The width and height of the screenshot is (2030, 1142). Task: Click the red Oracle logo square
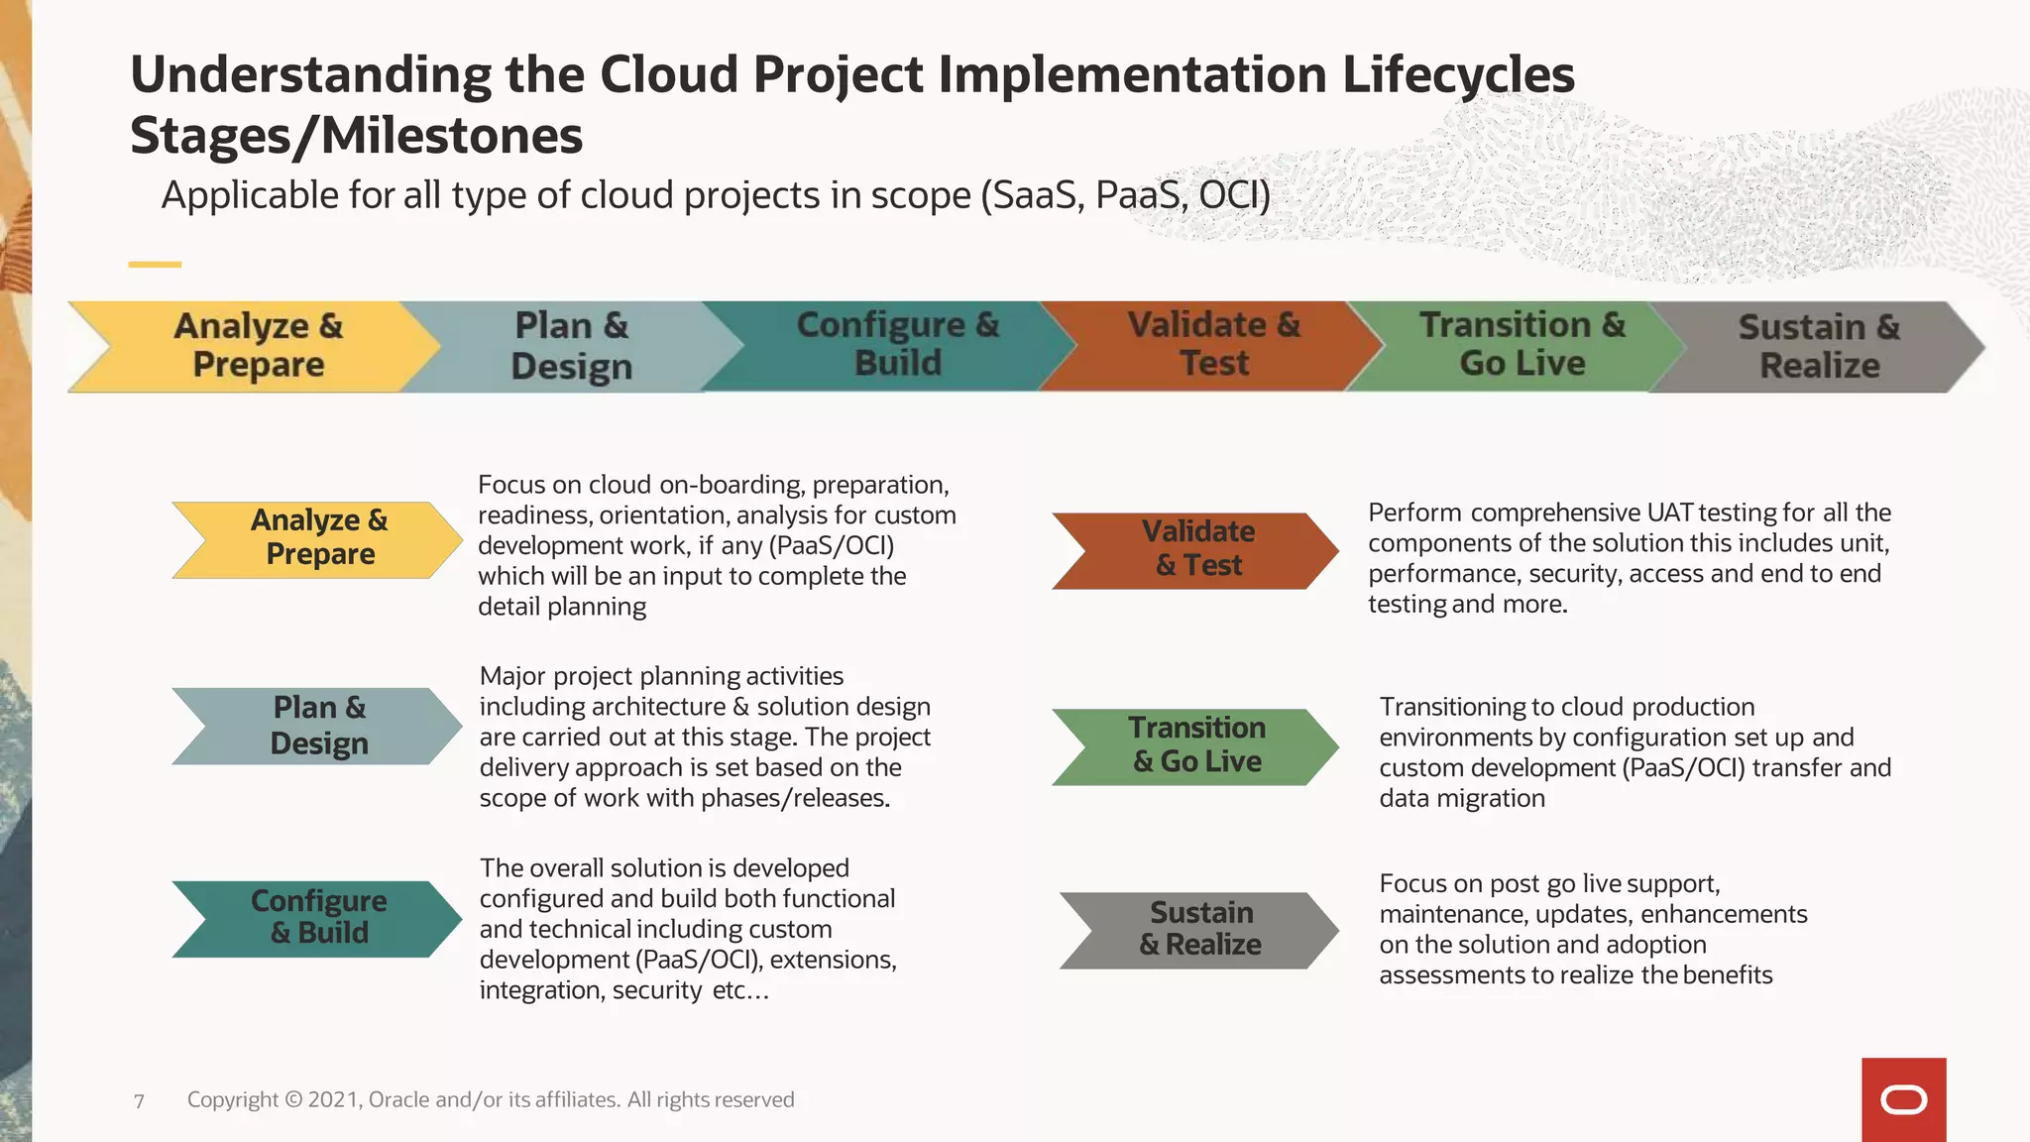click(1903, 1099)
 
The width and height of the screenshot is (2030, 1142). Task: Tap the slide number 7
click(139, 1101)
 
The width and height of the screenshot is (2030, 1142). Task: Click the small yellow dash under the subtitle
click(155, 265)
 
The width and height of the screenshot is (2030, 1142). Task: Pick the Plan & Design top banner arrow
click(572, 346)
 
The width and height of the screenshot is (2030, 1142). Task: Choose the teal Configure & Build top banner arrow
click(897, 345)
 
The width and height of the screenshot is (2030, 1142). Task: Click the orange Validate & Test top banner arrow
click(1213, 345)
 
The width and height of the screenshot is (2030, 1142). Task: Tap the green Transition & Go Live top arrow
click(1522, 345)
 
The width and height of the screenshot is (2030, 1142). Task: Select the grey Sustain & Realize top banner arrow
click(1818, 347)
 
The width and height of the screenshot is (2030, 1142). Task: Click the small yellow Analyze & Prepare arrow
click(318, 539)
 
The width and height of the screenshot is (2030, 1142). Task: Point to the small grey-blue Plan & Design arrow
click(318, 726)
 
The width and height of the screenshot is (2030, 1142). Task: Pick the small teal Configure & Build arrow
click(318, 918)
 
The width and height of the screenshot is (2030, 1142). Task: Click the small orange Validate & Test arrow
click(1197, 550)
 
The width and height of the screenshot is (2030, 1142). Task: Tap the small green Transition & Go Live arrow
click(1197, 746)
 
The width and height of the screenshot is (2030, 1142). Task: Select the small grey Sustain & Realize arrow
click(1199, 930)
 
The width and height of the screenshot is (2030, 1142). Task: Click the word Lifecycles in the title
click(1457, 75)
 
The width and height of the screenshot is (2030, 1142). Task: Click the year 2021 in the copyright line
click(333, 1099)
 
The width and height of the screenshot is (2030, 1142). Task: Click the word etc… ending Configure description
click(740, 990)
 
